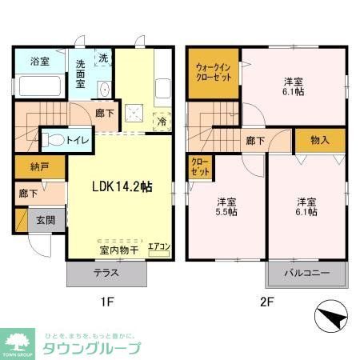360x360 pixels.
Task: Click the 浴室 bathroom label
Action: click(39, 62)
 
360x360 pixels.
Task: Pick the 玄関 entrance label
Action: click(45, 220)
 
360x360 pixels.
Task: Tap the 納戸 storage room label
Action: click(29, 169)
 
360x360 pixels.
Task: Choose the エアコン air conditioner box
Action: click(160, 247)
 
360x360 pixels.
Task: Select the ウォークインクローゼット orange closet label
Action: click(213, 74)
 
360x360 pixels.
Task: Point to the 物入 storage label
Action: click(319, 140)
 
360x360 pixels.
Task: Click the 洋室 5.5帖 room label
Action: click(226, 206)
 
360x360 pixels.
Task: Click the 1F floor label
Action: click(107, 302)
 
